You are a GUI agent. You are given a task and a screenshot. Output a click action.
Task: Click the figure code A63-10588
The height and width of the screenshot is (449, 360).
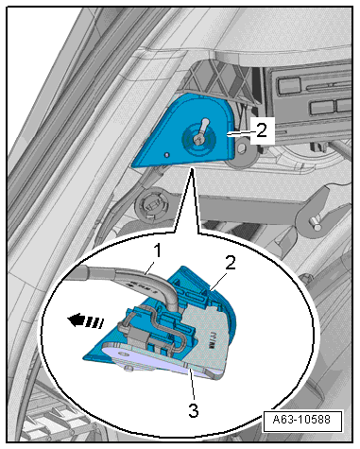302,420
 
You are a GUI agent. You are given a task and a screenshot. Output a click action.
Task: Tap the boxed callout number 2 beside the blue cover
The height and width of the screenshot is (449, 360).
261,130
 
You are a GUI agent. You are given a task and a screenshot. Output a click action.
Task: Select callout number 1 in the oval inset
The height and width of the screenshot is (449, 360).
158,250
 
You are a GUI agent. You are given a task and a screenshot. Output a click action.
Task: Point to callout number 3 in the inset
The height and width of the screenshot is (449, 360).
194,410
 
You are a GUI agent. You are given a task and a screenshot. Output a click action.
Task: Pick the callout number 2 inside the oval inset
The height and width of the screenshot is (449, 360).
231,263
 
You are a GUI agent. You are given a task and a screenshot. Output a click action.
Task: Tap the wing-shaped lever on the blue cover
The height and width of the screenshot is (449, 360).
200,131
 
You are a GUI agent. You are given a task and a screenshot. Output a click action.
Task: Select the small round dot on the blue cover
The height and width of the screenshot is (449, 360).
167,155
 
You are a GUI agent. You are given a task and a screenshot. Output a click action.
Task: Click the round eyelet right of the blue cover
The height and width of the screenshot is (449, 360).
242,148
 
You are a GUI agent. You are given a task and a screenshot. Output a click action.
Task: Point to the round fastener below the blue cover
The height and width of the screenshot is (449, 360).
151,205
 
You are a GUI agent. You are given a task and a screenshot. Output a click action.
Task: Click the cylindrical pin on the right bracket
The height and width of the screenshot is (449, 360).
316,223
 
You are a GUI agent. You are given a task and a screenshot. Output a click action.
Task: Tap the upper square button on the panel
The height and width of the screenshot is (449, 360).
288,86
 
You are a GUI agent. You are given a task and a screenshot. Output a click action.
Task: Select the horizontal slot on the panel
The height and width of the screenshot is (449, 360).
324,86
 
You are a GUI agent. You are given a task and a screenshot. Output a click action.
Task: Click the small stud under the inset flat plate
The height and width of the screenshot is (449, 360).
128,369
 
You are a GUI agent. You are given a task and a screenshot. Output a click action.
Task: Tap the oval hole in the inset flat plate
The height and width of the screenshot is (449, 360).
122,354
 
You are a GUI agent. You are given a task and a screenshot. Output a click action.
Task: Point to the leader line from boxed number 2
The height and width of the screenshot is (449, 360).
239,134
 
